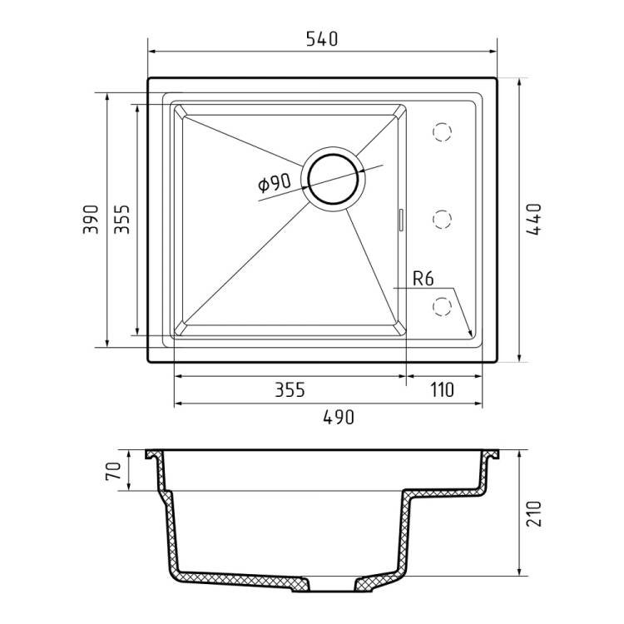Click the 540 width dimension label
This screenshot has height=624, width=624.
click(x=322, y=38)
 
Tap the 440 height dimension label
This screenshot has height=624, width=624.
click(x=533, y=220)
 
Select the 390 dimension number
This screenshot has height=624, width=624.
click(x=91, y=220)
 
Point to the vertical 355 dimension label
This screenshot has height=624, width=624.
click(x=121, y=220)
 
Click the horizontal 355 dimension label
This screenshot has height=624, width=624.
click(x=290, y=390)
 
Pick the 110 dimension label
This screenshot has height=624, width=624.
click(x=442, y=390)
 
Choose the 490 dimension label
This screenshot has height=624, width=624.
click(x=339, y=418)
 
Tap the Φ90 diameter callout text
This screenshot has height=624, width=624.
click(x=275, y=183)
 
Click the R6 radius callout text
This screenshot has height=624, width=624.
click(x=423, y=279)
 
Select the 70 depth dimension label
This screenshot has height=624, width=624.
click(x=113, y=471)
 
